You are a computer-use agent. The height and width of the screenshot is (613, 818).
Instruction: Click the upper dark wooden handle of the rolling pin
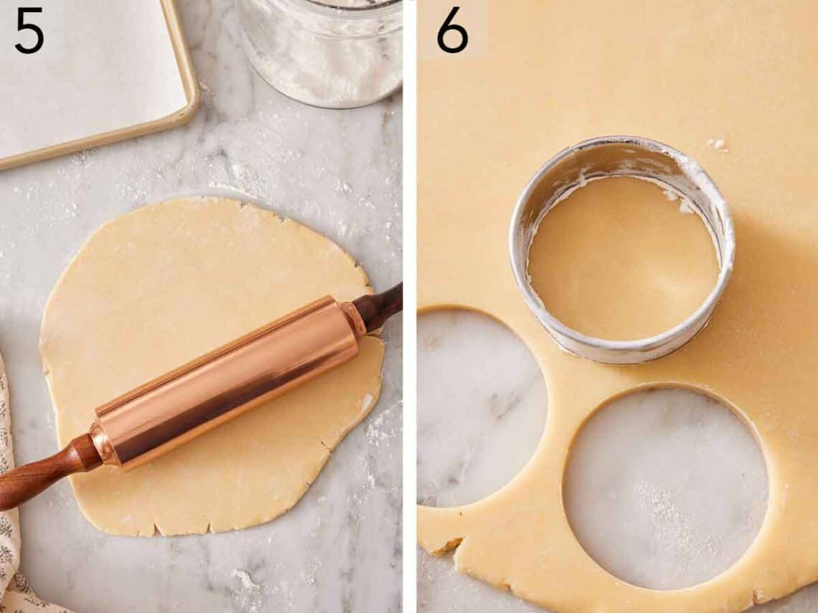coord(379,307)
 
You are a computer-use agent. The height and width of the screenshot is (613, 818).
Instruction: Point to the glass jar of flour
coord(323,50)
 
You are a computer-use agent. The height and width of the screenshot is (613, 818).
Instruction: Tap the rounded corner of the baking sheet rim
coord(188,108)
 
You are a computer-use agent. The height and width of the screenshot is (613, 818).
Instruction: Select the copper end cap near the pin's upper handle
coord(354,320)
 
